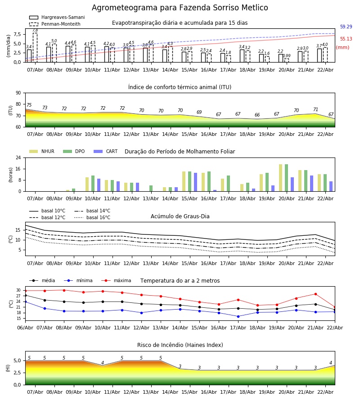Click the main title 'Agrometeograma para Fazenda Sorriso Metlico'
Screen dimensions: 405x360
180,8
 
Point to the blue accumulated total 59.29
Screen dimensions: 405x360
346,27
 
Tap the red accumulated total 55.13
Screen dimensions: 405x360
346,39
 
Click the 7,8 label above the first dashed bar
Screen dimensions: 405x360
35,30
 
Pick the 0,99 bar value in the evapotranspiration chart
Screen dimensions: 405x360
287,56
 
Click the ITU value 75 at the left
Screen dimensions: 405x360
29,105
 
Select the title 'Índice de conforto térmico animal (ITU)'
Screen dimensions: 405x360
180,87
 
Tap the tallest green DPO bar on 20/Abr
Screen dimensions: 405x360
286,178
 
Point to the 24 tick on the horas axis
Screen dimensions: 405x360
20,158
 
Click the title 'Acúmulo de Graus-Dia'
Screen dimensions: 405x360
180,216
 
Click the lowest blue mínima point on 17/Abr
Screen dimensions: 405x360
238,316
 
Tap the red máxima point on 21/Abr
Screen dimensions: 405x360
315,294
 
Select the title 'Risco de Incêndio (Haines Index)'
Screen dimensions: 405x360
180,345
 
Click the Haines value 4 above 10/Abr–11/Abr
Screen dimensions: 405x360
103,363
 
